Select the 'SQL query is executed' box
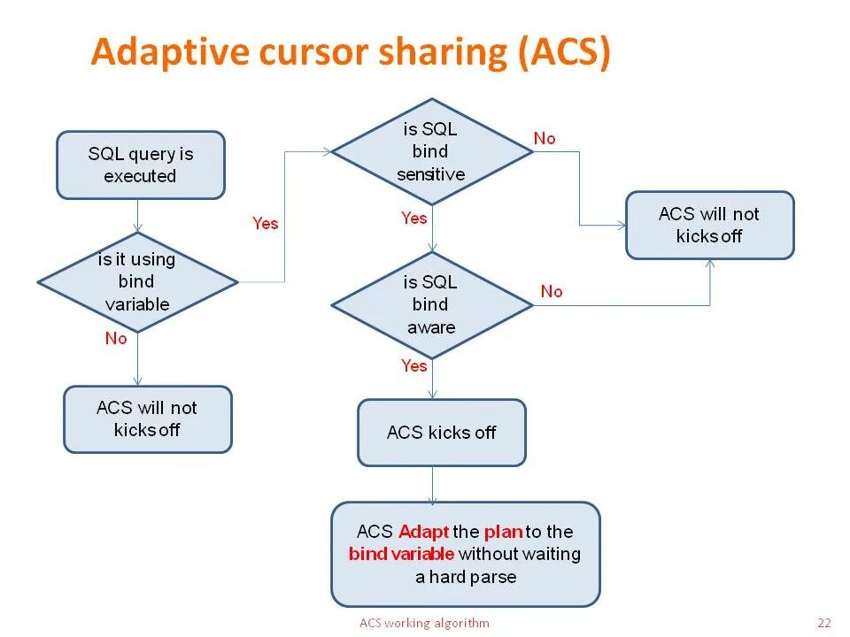click(x=141, y=165)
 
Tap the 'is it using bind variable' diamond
click(x=137, y=282)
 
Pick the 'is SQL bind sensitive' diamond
click(x=431, y=151)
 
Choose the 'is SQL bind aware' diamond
click(x=431, y=305)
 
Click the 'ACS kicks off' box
click(x=441, y=433)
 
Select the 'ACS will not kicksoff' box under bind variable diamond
click(x=147, y=419)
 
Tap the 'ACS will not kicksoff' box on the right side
click(x=709, y=226)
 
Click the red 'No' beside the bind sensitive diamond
click(x=545, y=139)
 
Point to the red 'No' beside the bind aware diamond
click(x=552, y=291)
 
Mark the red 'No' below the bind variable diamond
click(x=116, y=339)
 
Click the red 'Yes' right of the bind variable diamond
click(x=265, y=224)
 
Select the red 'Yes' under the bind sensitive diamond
click(x=413, y=219)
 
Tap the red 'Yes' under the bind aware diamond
click(x=413, y=366)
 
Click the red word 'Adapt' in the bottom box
click(x=424, y=532)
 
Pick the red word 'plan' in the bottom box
click(x=502, y=532)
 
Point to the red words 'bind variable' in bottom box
click(x=401, y=555)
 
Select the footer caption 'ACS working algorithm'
click(x=424, y=623)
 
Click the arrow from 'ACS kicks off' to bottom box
click(x=433, y=484)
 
